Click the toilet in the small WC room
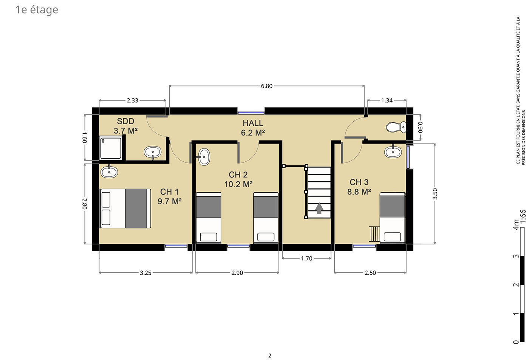[396, 127]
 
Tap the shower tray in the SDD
[111, 148]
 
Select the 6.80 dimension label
[267, 86]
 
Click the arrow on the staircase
[319, 208]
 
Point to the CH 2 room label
[238, 175]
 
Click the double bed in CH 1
[125, 208]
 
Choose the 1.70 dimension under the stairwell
[306, 258]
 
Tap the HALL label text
[253, 123]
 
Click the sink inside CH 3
[393, 152]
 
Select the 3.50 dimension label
[435, 194]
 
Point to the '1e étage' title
[37, 10]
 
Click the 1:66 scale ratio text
[523, 216]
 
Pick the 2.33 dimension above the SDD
[133, 100]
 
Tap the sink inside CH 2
[204, 157]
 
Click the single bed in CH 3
[393, 218]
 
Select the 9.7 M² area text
[170, 201]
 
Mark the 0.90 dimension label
[421, 127]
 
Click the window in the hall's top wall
[251, 113]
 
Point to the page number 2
[270, 355]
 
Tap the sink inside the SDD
[153, 152]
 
